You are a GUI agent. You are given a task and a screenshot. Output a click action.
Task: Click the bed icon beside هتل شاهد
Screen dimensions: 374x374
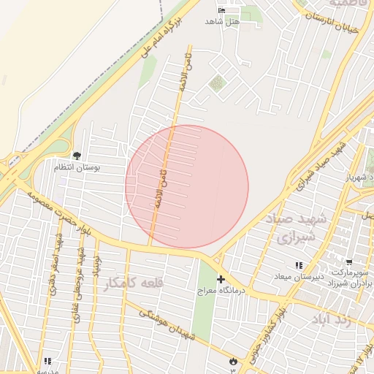(222, 11)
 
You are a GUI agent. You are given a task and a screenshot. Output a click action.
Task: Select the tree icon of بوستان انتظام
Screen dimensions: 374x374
(77, 155)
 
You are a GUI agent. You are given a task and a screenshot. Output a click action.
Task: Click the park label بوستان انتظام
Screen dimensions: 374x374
(77, 167)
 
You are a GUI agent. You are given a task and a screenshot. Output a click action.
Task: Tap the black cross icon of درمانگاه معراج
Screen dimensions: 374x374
(221, 279)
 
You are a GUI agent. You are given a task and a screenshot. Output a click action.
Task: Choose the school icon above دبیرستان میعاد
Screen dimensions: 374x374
(297, 265)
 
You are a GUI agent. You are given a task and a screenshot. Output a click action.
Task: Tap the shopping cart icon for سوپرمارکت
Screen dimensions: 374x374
(349, 262)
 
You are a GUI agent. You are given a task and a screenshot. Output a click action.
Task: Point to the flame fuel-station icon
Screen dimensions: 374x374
(233, 360)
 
